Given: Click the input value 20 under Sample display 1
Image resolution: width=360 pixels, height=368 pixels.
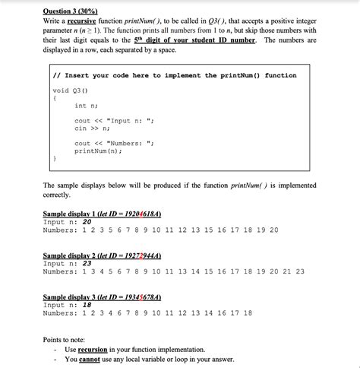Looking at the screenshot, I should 87,222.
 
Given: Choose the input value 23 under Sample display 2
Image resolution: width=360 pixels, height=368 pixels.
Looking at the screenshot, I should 87,263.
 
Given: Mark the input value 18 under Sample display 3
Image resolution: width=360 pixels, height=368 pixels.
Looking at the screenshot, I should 87,304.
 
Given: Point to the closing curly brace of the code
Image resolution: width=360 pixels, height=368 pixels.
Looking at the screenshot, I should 55,159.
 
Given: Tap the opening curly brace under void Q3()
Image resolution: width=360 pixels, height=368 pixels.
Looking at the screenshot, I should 55,98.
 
